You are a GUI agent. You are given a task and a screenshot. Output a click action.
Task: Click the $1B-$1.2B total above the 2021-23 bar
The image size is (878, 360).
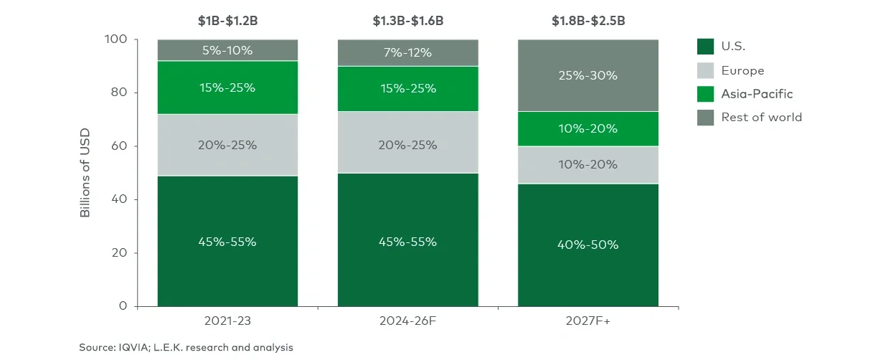pos(227,21)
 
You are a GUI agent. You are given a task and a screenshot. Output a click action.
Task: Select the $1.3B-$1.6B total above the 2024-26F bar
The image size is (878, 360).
pos(407,21)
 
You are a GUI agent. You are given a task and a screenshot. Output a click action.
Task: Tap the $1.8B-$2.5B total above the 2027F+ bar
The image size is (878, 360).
pos(587,21)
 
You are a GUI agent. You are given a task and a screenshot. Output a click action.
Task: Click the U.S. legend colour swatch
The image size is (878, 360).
pos(706,47)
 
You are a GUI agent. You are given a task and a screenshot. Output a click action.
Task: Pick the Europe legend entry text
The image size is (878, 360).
pos(744,70)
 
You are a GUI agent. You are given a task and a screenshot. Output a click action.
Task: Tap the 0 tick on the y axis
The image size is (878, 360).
pos(123,306)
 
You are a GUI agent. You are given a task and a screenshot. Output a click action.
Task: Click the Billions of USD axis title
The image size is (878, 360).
pos(85,173)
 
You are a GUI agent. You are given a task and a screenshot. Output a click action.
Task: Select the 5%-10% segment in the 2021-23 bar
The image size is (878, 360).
pos(227,50)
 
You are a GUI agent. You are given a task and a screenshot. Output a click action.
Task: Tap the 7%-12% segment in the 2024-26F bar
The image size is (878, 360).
pos(407,53)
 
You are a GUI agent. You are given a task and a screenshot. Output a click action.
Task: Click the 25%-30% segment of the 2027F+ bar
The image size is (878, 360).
pos(587,76)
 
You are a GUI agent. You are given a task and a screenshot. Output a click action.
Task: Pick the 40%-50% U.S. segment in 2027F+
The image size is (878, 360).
pos(587,245)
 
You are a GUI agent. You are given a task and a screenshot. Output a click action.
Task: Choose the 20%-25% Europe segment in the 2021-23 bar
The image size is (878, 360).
pos(227,145)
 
